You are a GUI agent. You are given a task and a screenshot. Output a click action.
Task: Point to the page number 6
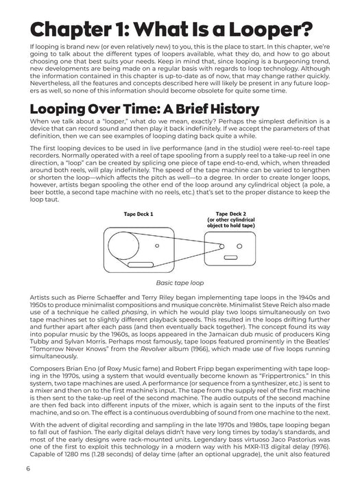(27, 468)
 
